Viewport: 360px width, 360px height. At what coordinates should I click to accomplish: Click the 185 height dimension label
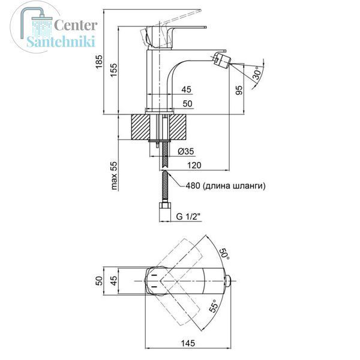[x=99, y=61]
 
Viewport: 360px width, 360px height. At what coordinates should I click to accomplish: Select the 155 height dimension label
[x=114, y=70]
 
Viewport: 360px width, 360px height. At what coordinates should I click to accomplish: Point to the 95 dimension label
[x=239, y=90]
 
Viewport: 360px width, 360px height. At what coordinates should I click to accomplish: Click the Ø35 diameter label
[x=186, y=151]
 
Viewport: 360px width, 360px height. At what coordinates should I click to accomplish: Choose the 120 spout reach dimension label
[x=194, y=165]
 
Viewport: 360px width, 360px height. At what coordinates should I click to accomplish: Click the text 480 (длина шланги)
[x=226, y=185]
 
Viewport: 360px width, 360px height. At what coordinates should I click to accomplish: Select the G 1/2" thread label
[x=188, y=216]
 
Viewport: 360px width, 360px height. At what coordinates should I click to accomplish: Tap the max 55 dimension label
[x=114, y=176]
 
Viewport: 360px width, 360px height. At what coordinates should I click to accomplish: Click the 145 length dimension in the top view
[x=188, y=343]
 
